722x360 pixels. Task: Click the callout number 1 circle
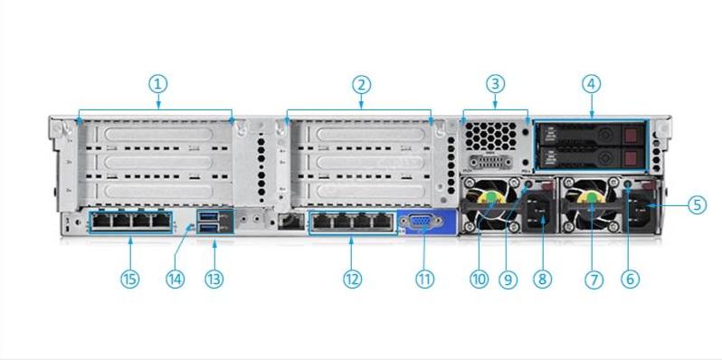click(x=157, y=84)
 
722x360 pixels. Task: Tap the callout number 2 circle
click(x=361, y=84)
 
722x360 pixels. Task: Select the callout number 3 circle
click(x=494, y=84)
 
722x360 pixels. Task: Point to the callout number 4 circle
click(x=592, y=84)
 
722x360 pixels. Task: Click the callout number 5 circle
click(x=696, y=204)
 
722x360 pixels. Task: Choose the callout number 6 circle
click(x=631, y=279)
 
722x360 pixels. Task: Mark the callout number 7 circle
click(x=594, y=279)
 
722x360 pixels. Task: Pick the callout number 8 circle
click(x=542, y=279)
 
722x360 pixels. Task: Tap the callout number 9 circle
click(x=508, y=279)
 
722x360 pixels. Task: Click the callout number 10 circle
click(x=479, y=279)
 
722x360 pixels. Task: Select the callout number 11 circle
click(x=424, y=279)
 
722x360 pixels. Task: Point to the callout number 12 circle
click(x=352, y=279)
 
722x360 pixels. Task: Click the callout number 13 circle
click(x=214, y=279)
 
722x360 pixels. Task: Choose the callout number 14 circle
click(x=176, y=279)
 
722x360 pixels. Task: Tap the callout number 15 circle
click(x=130, y=279)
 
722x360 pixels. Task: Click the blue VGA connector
click(x=420, y=222)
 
